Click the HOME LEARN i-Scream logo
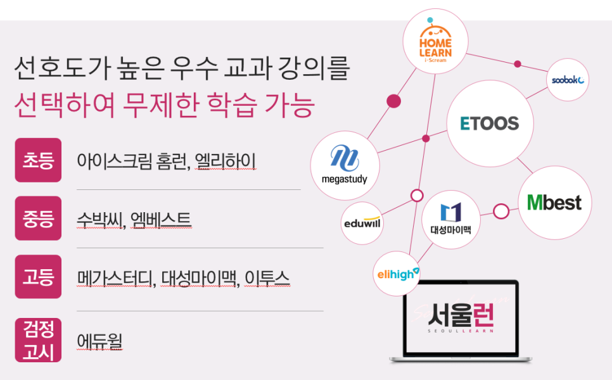click(x=435, y=41)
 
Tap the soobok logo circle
click(x=568, y=80)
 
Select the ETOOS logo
click(x=490, y=123)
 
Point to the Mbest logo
click(x=554, y=203)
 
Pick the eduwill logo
click(x=362, y=223)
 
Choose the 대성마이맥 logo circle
click(x=451, y=220)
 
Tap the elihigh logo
click(x=397, y=274)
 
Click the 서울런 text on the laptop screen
click(x=461, y=315)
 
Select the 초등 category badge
click(x=38, y=160)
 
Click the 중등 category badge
click(x=38, y=218)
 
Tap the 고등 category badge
click(x=38, y=277)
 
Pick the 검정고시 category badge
click(x=38, y=340)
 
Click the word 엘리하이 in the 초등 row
click(x=225, y=161)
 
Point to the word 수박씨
click(x=101, y=220)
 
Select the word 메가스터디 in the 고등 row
click(x=116, y=278)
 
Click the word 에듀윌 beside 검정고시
click(x=99, y=341)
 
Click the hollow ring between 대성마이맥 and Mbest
click(x=501, y=211)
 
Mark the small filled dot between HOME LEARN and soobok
click(x=518, y=64)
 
